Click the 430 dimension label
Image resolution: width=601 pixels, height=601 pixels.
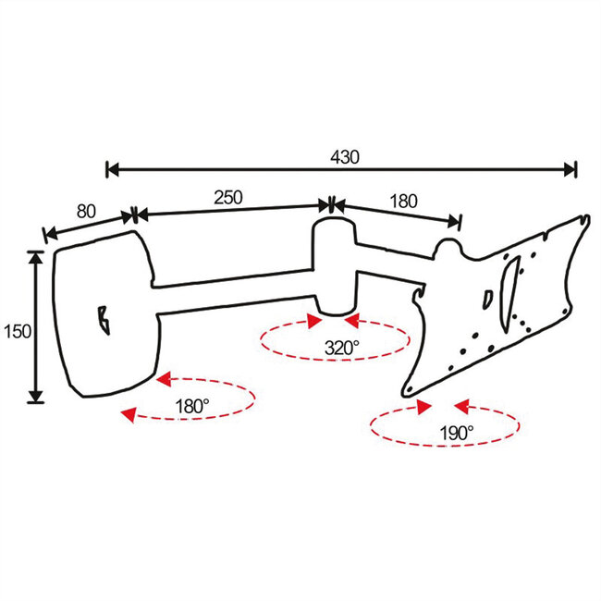tap(344, 157)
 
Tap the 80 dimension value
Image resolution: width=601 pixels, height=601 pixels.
tap(86, 211)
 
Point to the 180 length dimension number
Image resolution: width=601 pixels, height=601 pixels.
tap(404, 201)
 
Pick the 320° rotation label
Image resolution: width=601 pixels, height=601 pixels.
tap(341, 349)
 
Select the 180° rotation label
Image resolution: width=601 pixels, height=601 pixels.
tap(193, 404)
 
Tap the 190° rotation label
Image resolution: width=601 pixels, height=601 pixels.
tap(457, 431)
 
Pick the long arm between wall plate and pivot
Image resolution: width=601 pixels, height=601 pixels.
tap(236, 288)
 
